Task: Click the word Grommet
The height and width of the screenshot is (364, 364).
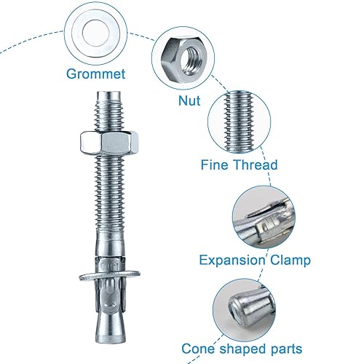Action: click(96, 74)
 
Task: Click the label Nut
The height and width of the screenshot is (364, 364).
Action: click(189, 100)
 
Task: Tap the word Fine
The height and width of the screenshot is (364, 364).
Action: click(215, 165)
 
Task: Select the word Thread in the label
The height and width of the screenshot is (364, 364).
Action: click(256, 165)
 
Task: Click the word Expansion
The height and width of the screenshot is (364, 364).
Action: click(232, 261)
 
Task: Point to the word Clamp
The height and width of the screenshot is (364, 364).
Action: click(290, 261)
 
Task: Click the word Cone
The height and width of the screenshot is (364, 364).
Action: click(198, 349)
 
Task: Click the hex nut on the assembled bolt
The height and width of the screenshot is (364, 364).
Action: click(109, 143)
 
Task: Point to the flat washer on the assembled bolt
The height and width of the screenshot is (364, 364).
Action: click(109, 274)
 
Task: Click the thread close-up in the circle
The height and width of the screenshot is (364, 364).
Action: click(239, 121)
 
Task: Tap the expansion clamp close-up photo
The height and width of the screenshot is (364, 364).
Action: click(264, 218)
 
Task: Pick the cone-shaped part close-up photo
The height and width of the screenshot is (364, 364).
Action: click(245, 311)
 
